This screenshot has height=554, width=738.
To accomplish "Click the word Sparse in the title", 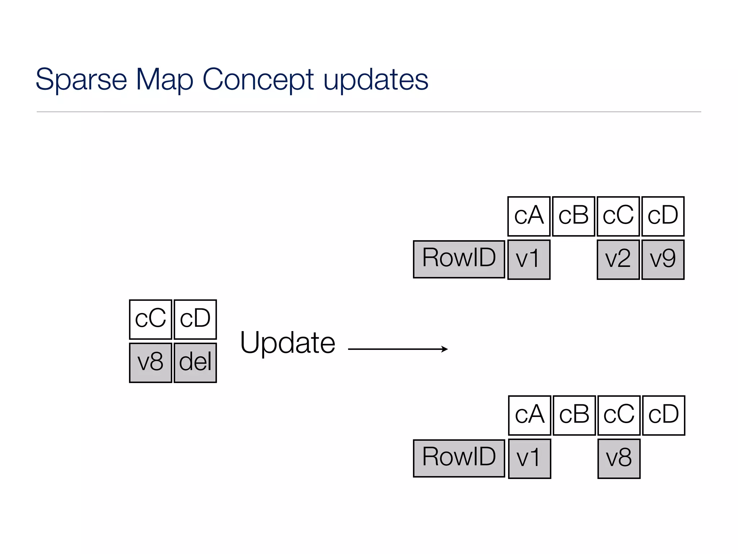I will [x=81, y=80].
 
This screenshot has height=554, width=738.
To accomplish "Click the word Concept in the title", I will [x=258, y=80].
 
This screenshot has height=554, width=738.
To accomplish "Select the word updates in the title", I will [x=375, y=80].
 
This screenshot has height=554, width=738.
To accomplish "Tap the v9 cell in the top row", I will [x=663, y=260].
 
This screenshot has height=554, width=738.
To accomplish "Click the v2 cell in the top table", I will [x=618, y=260].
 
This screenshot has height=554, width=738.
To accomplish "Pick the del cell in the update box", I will [x=195, y=363].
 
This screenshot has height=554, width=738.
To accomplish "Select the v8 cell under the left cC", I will [x=151, y=363].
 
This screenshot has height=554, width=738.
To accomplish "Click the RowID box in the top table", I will [x=459, y=259].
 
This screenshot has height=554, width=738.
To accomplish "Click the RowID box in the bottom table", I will [x=459, y=458].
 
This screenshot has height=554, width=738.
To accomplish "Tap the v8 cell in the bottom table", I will [x=619, y=459].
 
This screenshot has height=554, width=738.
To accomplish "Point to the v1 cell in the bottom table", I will [x=529, y=459].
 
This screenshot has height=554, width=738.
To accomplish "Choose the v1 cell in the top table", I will [x=529, y=260].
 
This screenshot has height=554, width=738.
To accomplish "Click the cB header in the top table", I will [x=573, y=216].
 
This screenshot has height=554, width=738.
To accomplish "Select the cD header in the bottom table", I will [x=663, y=415].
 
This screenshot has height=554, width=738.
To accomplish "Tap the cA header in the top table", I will [x=529, y=216].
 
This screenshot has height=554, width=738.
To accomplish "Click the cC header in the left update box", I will [x=151, y=320].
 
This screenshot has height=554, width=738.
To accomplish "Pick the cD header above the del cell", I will [x=195, y=320].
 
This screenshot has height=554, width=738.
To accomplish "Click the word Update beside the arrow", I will [x=288, y=343].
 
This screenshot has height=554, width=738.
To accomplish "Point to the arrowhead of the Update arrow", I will [x=445, y=349].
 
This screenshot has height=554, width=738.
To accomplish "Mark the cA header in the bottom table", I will [x=529, y=415].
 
